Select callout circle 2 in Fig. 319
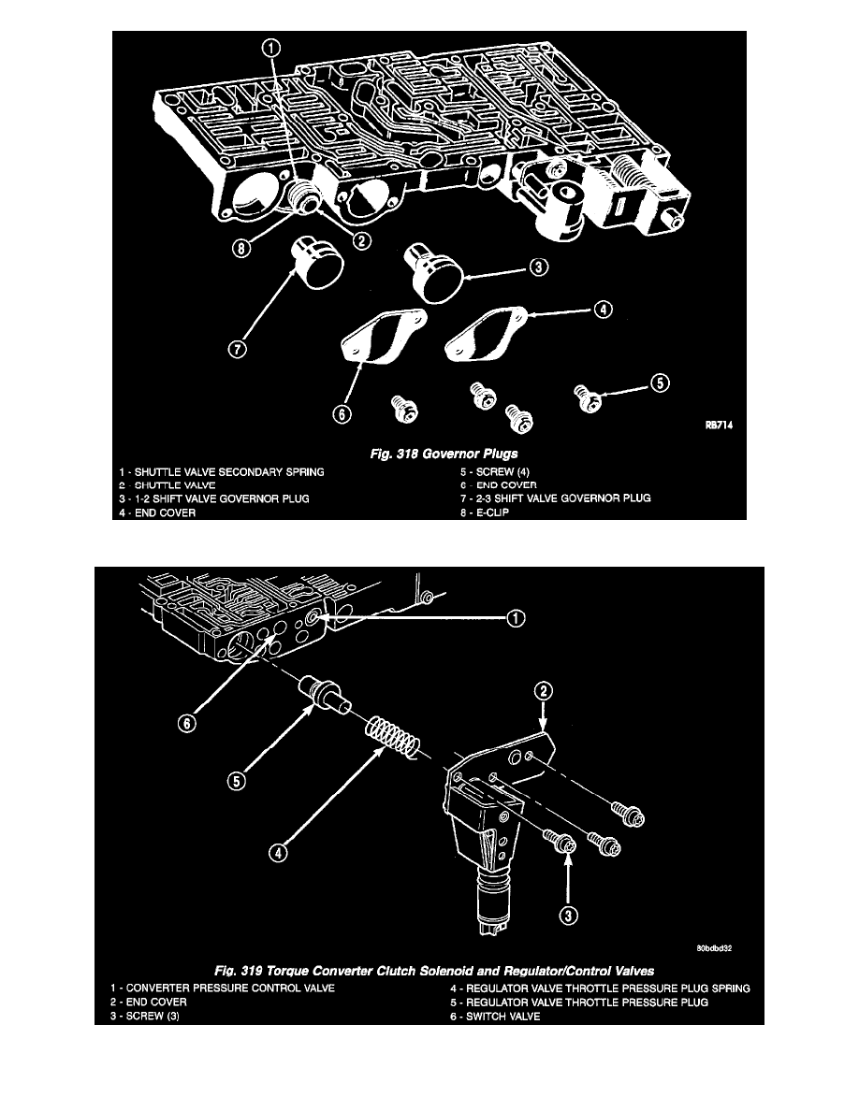tap(546, 691)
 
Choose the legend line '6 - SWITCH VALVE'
tap(489, 1018)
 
